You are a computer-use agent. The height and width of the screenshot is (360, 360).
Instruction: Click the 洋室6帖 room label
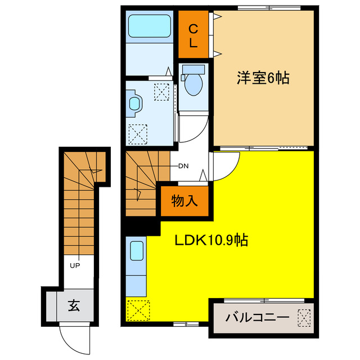click(x=263, y=79)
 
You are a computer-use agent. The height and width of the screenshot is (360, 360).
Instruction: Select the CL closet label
click(x=193, y=35)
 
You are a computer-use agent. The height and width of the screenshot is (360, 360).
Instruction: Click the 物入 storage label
click(x=184, y=201)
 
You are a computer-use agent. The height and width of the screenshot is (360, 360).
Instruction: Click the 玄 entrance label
click(x=74, y=307)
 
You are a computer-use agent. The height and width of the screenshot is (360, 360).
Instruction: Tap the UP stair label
click(x=74, y=265)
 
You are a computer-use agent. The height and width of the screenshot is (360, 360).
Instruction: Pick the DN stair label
click(x=183, y=166)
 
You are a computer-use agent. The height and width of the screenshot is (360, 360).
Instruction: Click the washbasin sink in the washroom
click(x=135, y=103)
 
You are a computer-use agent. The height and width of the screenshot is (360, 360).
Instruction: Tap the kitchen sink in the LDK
click(x=137, y=250)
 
